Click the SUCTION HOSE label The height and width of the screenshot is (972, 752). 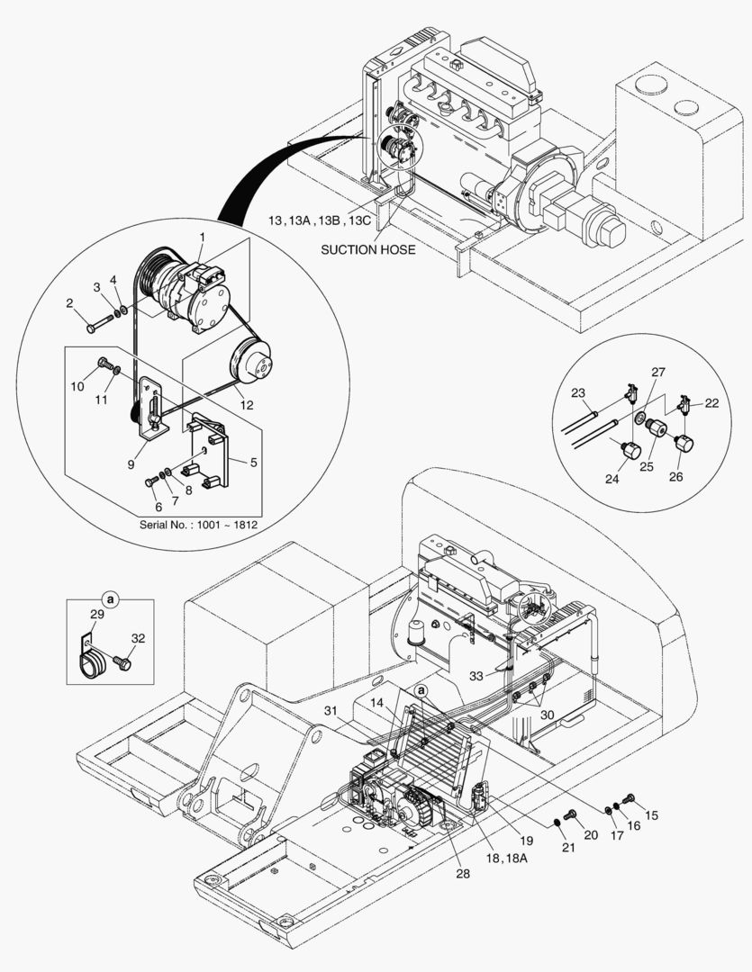point(367,249)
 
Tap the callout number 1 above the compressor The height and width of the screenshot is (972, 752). point(203,237)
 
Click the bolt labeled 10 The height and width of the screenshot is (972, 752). point(107,365)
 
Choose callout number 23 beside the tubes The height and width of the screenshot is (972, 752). point(578,391)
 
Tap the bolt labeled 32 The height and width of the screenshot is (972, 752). point(122,664)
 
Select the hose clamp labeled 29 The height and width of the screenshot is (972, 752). point(93,663)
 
